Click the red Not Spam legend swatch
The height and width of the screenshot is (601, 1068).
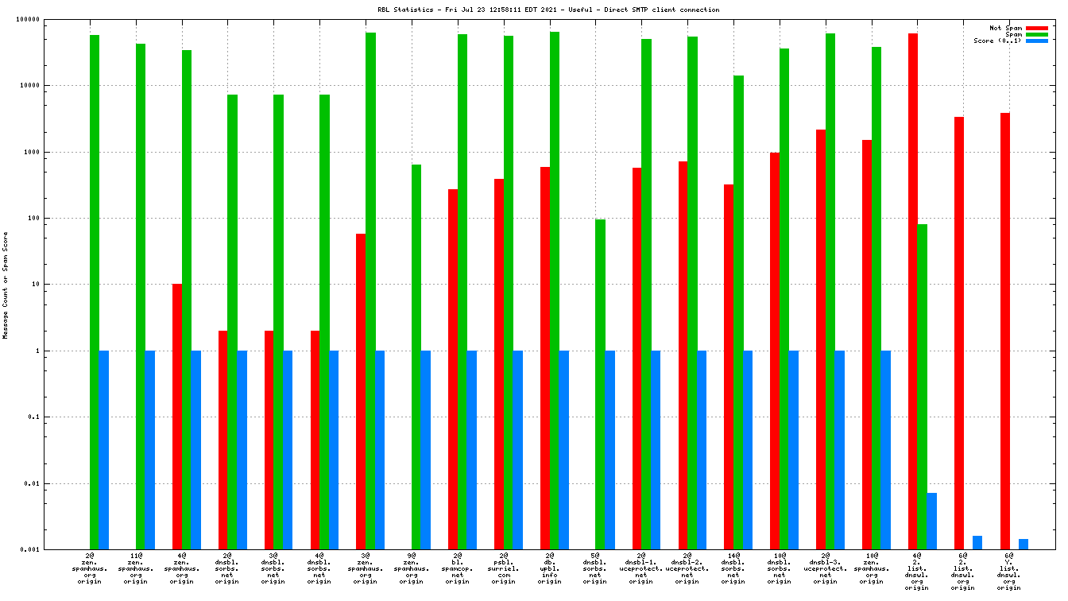[x=1037, y=28]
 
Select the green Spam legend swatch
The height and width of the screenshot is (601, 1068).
[x=1037, y=34]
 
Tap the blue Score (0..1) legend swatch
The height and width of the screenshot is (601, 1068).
[x=1037, y=41]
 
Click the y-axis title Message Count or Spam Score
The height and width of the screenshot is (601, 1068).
[x=6, y=285]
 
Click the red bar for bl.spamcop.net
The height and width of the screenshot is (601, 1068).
[x=453, y=369]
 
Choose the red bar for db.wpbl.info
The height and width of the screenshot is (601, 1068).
[x=545, y=358]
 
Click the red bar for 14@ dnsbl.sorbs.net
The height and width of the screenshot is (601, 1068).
[x=729, y=366]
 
